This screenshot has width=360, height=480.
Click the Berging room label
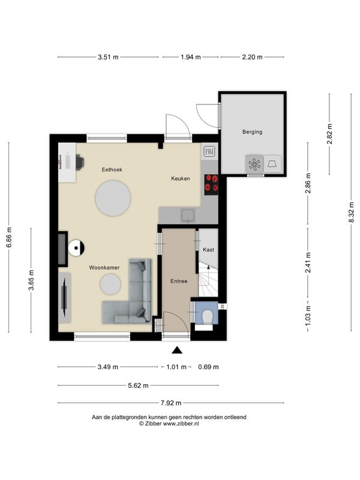(252, 132)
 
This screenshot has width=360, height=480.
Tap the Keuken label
(181, 178)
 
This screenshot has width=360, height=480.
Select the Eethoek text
(112, 170)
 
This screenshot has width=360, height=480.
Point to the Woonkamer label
(104, 268)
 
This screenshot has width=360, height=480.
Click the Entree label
(179, 281)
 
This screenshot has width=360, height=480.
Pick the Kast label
(208, 250)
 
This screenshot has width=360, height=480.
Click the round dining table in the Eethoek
(113, 198)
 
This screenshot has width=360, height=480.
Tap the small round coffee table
(110, 284)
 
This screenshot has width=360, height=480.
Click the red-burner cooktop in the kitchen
(211, 185)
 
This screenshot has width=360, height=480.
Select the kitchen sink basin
(188, 215)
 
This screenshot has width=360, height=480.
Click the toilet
(208, 317)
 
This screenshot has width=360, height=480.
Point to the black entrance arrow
(177, 350)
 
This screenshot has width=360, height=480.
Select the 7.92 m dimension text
(171, 403)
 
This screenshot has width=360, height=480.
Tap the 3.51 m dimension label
(108, 57)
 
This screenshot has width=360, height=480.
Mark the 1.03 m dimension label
(308, 316)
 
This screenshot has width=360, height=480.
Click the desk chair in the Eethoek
(80, 162)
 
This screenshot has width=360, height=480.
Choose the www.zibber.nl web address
(181, 424)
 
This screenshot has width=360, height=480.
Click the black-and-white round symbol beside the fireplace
(76, 248)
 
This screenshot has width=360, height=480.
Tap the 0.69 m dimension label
(208, 367)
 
